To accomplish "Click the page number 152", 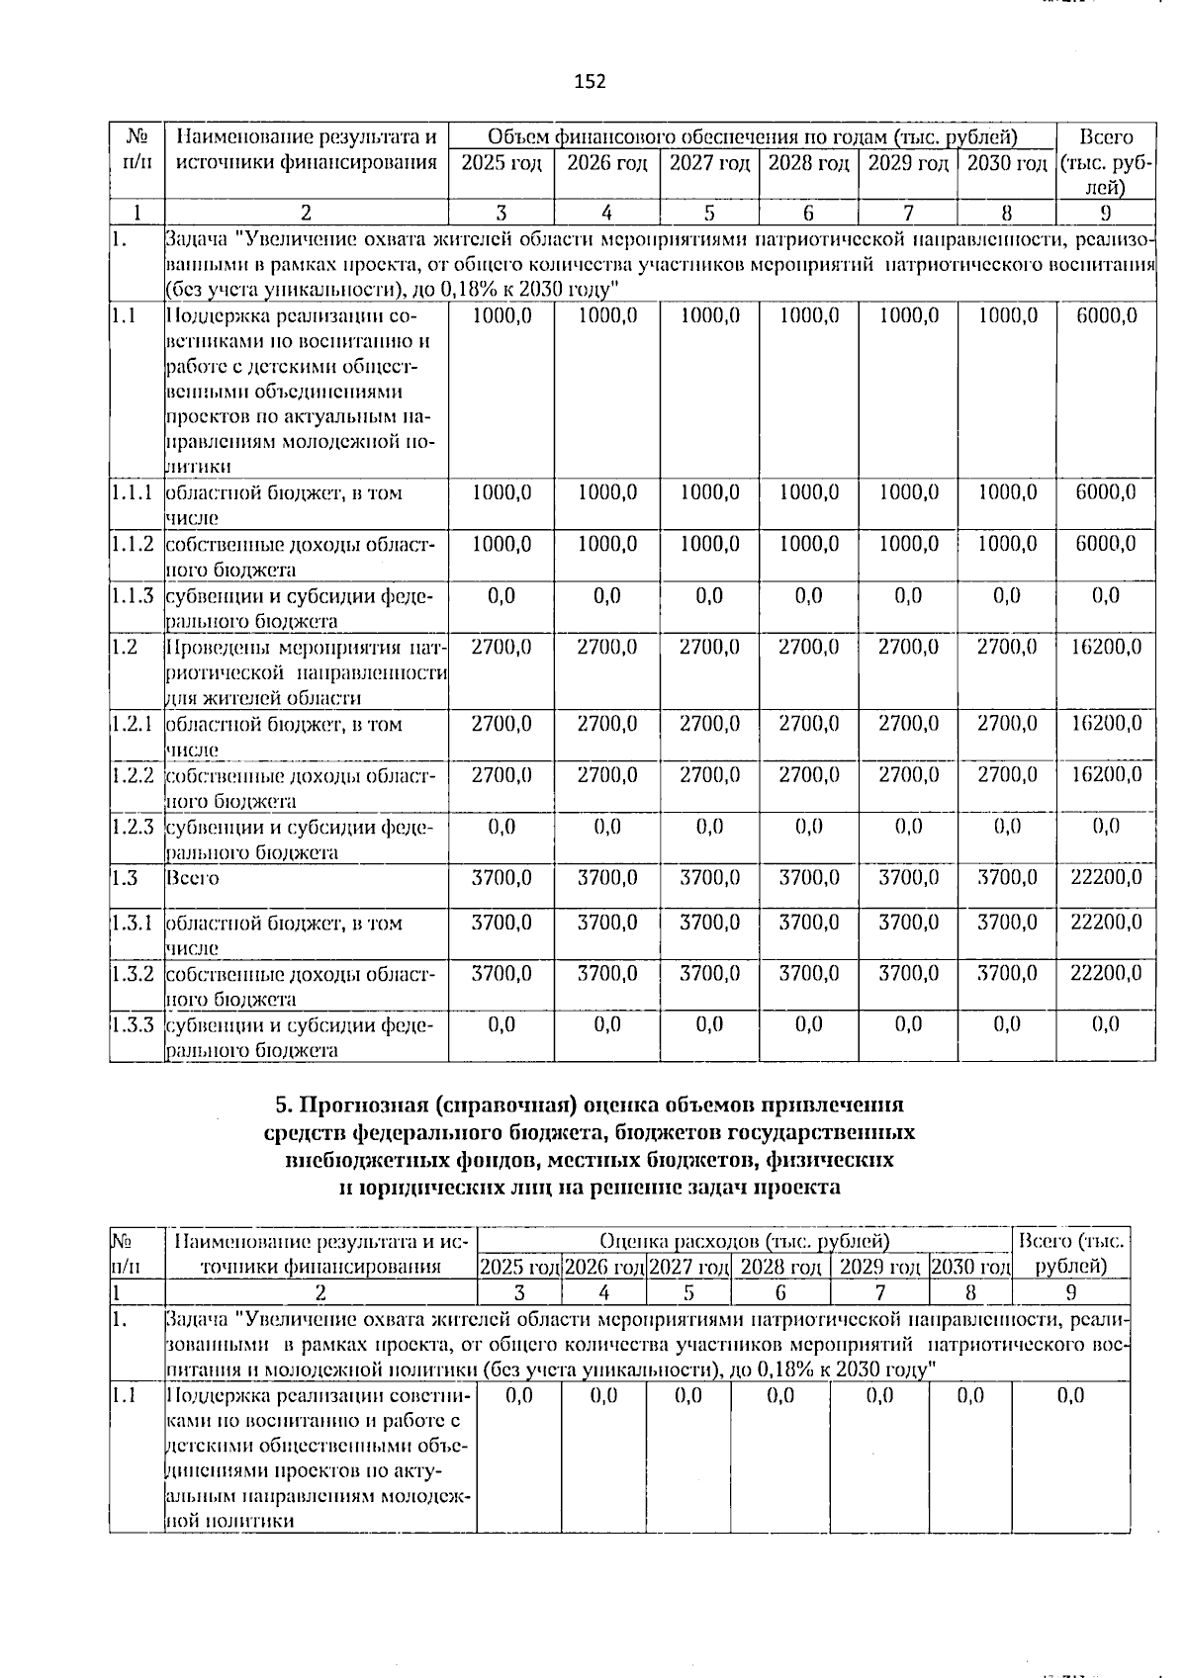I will click(590, 81).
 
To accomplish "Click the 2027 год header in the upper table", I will click(709, 163).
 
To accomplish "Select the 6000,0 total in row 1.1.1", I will click(1106, 492).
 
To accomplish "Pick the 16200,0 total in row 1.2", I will click(1106, 647).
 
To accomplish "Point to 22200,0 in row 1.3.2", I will click(1106, 973).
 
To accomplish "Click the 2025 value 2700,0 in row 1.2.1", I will click(502, 724).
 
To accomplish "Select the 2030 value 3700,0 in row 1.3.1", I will click(1007, 922).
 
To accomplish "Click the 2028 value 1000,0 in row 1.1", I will click(809, 315).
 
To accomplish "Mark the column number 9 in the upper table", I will click(1106, 213).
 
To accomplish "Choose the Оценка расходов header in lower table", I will click(744, 1240).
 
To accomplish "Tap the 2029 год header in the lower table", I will click(879, 1267).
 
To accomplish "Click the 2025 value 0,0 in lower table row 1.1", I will click(518, 1395).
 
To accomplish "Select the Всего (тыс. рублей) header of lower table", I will click(1070, 1253).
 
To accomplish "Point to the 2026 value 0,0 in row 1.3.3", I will click(606, 1024).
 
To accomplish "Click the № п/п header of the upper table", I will click(137, 150).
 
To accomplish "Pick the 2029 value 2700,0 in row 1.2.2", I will click(908, 775).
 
